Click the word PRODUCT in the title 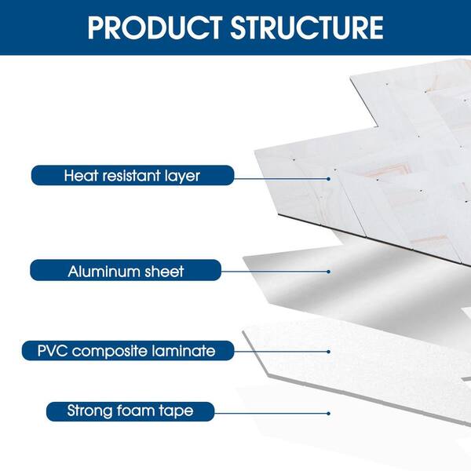pyautogui.click(x=155, y=27)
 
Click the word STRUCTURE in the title pyautogui.click(x=307, y=27)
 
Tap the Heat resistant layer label pyautogui.click(x=133, y=175)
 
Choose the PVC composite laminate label pyautogui.click(x=128, y=351)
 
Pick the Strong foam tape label pyautogui.click(x=130, y=411)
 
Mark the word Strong pyautogui.click(x=89, y=411)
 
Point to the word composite pyautogui.click(x=109, y=352)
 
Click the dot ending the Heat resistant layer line pyautogui.click(x=328, y=179)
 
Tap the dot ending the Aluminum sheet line pyautogui.click(x=328, y=272)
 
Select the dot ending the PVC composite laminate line pyautogui.click(x=328, y=352)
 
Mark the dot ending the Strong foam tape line pyautogui.click(x=328, y=414)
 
